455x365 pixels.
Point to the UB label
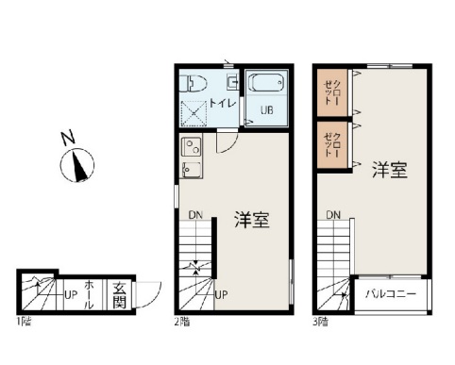[x=266, y=109]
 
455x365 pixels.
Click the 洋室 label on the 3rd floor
[x=389, y=170]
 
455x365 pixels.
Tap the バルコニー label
[x=391, y=294]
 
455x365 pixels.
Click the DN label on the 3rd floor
[x=333, y=215]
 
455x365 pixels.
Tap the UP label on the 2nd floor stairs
[x=221, y=294]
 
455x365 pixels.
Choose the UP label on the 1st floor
[x=70, y=294]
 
